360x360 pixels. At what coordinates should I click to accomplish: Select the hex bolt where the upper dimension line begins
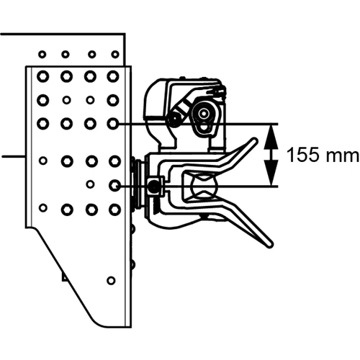(113, 124)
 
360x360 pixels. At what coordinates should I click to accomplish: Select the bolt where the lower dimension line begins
(114, 185)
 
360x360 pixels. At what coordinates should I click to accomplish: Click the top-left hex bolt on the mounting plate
(43, 76)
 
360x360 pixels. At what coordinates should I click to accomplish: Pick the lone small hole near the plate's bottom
(111, 280)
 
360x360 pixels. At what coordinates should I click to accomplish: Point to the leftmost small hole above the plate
(42, 55)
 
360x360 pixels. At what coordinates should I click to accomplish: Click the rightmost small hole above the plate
(115, 55)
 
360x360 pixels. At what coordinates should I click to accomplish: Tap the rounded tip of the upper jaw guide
(254, 141)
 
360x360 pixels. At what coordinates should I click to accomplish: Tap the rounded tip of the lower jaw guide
(269, 243)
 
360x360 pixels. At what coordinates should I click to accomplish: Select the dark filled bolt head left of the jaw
(153, 185)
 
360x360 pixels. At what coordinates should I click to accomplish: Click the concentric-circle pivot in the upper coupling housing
(204, 112)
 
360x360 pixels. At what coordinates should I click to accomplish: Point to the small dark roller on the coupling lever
(174, 119)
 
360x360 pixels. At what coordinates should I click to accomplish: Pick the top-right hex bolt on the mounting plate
(113, 76)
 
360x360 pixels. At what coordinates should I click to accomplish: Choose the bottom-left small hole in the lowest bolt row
(43, 207)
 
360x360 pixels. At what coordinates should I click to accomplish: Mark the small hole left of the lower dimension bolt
(90, 184)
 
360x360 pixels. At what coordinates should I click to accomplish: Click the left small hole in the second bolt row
(66, 99)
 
